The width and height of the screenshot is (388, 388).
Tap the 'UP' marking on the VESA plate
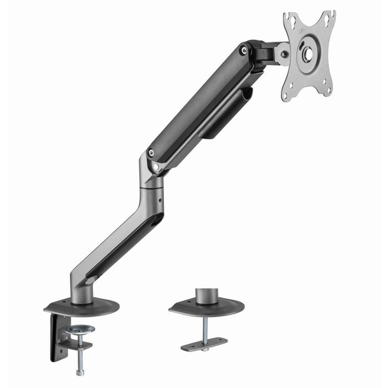pos(301,33)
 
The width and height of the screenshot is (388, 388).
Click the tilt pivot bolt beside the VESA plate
pos(284,54)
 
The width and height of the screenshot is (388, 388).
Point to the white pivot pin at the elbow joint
pos(156,166)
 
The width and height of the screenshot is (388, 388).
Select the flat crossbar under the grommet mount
pos(204,344)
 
